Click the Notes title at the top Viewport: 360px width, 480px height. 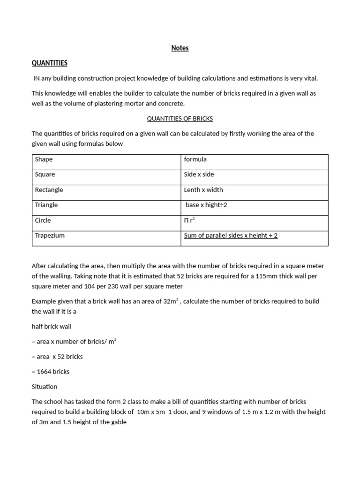(180, 48)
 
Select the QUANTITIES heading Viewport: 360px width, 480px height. (50, 63)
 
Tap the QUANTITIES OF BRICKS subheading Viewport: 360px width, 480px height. (180, 119)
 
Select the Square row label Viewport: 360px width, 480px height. (45, 174)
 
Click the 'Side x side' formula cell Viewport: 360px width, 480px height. (199, 174)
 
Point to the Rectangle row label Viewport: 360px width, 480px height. (49, 190)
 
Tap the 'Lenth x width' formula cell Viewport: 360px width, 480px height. (203, 190)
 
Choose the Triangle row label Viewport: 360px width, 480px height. (46, 205)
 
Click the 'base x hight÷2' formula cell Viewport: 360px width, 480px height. (206, 205)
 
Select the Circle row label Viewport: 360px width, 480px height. (43, 220)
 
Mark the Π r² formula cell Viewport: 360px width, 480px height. (189, 220)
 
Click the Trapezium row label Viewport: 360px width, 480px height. (50, 235)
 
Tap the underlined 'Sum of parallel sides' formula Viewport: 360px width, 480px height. (231, 235)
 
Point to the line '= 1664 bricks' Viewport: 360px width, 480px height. (51, 372)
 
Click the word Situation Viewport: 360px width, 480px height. (45, 387)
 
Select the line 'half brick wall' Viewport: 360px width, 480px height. (52, 326)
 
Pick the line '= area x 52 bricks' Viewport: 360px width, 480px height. (57, 357)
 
